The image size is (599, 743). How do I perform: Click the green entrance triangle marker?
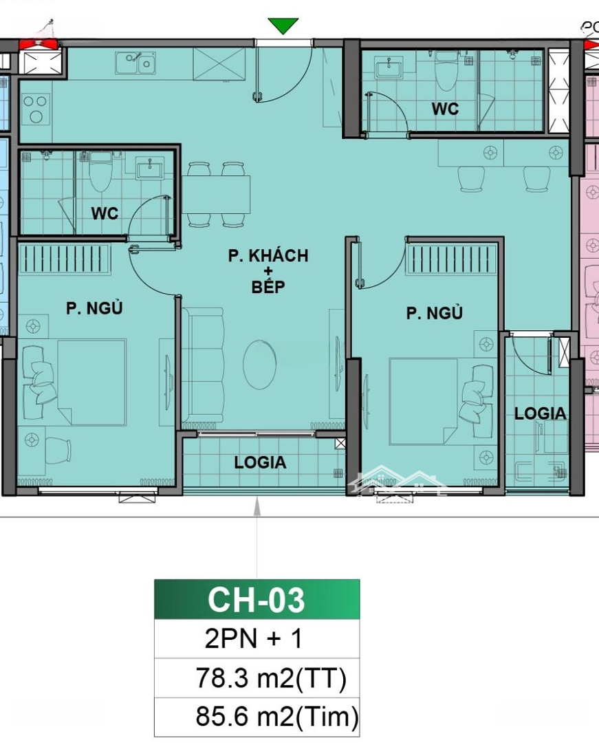click(x=283, y=25)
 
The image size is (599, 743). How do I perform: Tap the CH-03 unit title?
click(x=256, y=600)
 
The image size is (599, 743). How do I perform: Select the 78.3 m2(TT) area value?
click(x=271, y=678)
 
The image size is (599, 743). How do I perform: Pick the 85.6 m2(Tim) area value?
click(x=277, y=716)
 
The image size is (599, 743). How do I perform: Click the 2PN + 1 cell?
click(x=253, y=638)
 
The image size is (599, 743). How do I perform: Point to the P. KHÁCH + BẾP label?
click(x=268, y=271)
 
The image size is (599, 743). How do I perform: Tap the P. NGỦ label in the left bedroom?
click(x=94, y=308)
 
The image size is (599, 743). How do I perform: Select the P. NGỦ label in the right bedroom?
click(x=434, y=313)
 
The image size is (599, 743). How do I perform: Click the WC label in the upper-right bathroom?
click(x=445, y=109)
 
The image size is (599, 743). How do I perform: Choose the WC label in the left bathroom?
click(x=105, y=213)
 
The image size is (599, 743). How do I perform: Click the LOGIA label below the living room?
click(x=260, y=462)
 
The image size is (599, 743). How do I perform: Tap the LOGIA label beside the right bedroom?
click(x=541, y=413)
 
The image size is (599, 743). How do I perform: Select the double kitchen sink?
click(x=135, y=63)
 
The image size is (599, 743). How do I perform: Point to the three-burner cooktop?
click(x=36, y=109)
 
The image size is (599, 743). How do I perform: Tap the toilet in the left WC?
click(x=101, y=172)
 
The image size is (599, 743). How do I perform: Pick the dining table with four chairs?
click(x=217, y=194)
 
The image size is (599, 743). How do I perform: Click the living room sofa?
click(x=203, y=365)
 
